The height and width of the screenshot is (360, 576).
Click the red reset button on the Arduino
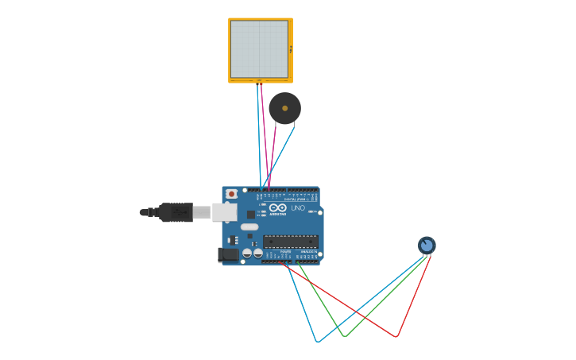(x=231, y=193)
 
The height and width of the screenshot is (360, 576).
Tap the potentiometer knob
(x=427, y=245)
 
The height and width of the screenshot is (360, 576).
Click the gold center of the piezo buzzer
(x=284, y=108)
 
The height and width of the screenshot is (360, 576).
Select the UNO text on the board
(x=298, y=208)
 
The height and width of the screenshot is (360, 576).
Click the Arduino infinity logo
(x=277, y=207)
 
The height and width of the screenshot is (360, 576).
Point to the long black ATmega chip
(x=291, y=241)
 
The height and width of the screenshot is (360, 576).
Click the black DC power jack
(x=228, y=254)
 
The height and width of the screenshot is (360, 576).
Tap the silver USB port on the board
(x=224, y=212)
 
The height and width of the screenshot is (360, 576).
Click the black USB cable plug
(x=176, y=212)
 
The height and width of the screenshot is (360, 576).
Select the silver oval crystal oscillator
(x=249, y=226)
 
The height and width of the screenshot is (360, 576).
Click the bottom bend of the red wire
(x=396, y=337)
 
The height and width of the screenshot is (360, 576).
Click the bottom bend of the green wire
(x=344, y=337)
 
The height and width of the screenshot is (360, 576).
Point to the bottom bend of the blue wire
(x=317, y=342)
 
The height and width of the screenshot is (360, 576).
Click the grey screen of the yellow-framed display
(x=259, y=49)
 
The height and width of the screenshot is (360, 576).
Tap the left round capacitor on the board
(x=247, y=253)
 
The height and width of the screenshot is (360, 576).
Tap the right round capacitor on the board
(x=258, y=253)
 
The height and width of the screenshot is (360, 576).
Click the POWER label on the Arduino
(x=285, y=251)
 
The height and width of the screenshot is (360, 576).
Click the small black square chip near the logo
(x=251, y=215)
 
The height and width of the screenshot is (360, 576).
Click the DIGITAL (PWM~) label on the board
(x=296, y=199)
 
